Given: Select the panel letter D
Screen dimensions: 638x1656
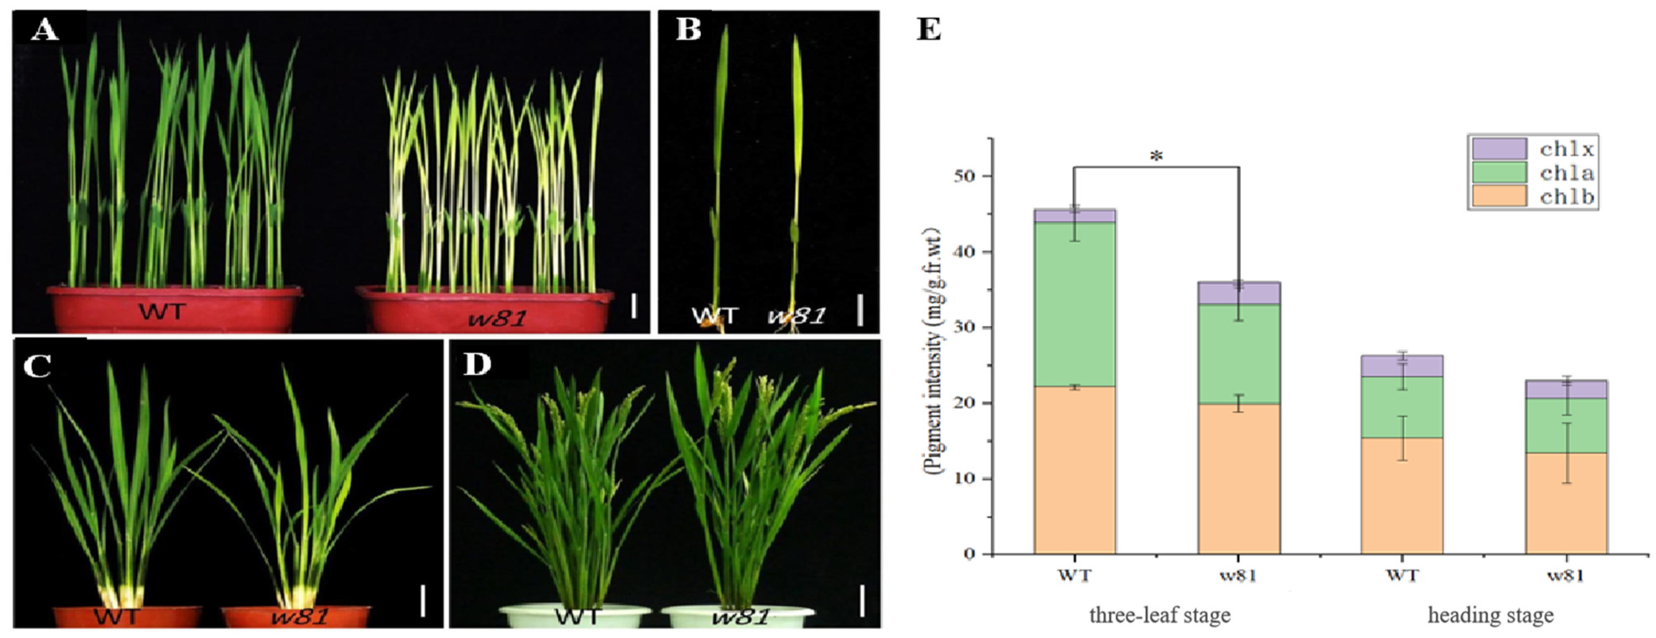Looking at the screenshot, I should [477, 364].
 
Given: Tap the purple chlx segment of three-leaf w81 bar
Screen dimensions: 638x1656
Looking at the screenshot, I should [1238, 293].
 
